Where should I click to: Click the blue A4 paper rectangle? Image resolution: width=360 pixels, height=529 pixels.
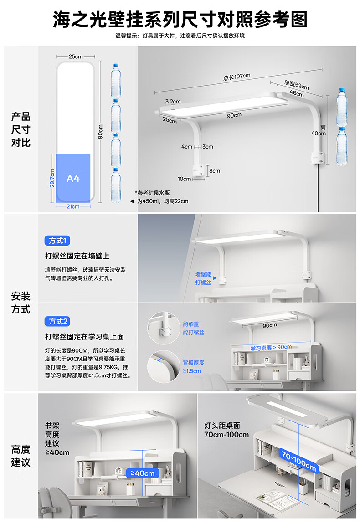[x=73, y=178]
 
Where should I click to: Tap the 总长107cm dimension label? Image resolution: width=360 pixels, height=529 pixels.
[x=237, y=77]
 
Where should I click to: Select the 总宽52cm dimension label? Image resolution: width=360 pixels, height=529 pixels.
[x=296, y=85]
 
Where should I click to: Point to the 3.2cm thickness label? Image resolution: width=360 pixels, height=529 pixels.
[x=173, y=101]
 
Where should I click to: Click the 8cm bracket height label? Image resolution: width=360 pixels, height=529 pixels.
[x=215, y=171]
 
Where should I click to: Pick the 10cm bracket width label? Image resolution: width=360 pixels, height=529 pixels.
[x=185, y=179]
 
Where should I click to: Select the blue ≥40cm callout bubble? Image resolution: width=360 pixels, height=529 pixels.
[x=143, y=473]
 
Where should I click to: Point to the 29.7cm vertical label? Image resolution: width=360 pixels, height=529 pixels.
[x=52, y=178]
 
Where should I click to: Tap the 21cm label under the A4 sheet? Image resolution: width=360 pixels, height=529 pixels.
[x=73, y=206]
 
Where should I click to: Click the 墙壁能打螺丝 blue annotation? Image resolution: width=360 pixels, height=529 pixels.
[x=203, y=278]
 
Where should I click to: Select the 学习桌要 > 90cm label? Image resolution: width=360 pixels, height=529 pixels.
[x=271, y=347]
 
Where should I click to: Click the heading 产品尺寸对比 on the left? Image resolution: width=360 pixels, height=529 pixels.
[x=21, y=130]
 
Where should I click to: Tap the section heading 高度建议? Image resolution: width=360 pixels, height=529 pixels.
[x=21, y=456]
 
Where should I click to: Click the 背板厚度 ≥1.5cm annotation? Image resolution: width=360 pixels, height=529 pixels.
[x=193, y=367]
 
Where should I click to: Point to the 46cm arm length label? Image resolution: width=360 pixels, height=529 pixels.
[x=296, y=93]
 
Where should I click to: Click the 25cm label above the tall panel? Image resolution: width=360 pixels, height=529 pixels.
[x=76, y=56]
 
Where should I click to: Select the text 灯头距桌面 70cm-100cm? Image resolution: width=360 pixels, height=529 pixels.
[x=226, y=430]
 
